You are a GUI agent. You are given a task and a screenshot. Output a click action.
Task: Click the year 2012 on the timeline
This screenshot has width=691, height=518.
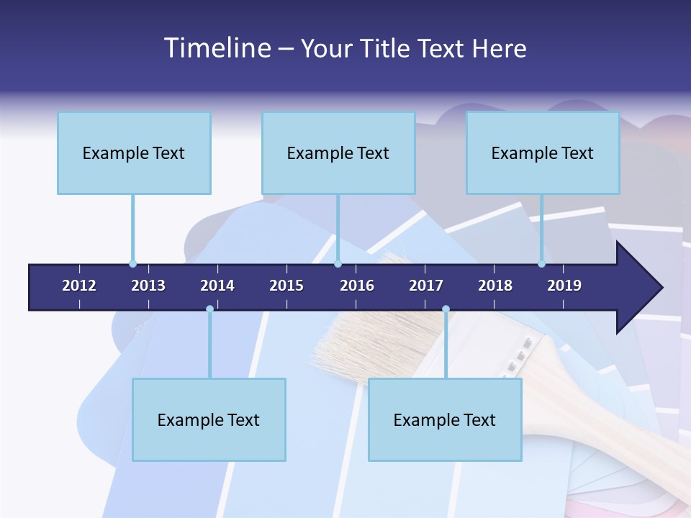pos(79,286)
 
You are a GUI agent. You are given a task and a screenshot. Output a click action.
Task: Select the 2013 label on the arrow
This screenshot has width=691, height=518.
pos(148,286)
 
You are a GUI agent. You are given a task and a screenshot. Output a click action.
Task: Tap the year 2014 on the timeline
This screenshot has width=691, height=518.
pos(217,286)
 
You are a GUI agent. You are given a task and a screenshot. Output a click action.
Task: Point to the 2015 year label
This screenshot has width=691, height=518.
pos(286,286)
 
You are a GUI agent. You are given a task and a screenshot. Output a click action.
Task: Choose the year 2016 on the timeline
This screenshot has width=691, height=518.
pos(357,286)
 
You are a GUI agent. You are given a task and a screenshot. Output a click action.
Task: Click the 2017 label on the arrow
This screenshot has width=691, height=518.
pos(426,286)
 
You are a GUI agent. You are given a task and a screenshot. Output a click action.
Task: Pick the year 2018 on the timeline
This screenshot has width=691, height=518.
pos(495,286)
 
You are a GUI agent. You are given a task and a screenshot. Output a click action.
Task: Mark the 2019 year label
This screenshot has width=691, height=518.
pos(564,286)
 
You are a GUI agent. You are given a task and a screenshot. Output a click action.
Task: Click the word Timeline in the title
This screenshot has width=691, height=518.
pos(217,48)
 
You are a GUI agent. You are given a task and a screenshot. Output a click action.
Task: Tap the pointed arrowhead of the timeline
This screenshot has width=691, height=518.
pos(641,288)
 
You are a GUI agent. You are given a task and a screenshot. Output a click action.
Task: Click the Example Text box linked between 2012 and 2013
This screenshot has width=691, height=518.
pos(134,153)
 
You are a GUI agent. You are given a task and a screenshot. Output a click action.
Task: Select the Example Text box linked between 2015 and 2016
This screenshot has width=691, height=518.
pos(338,153)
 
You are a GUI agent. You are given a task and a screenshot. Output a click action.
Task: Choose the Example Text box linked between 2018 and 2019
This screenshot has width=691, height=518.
pos(543,153)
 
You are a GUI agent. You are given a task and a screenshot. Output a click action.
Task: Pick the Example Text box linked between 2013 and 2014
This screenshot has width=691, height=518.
pos(209,419)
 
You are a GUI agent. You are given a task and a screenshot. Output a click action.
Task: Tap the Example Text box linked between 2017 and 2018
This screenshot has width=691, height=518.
pos(445,419)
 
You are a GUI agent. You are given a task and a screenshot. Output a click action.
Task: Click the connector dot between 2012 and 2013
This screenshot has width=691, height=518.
pos(132,263)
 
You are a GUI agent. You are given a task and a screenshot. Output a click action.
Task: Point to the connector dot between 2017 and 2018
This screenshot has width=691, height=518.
pos(446,309)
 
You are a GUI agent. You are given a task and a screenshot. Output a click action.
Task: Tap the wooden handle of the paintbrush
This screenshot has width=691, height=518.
pos(612,410)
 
